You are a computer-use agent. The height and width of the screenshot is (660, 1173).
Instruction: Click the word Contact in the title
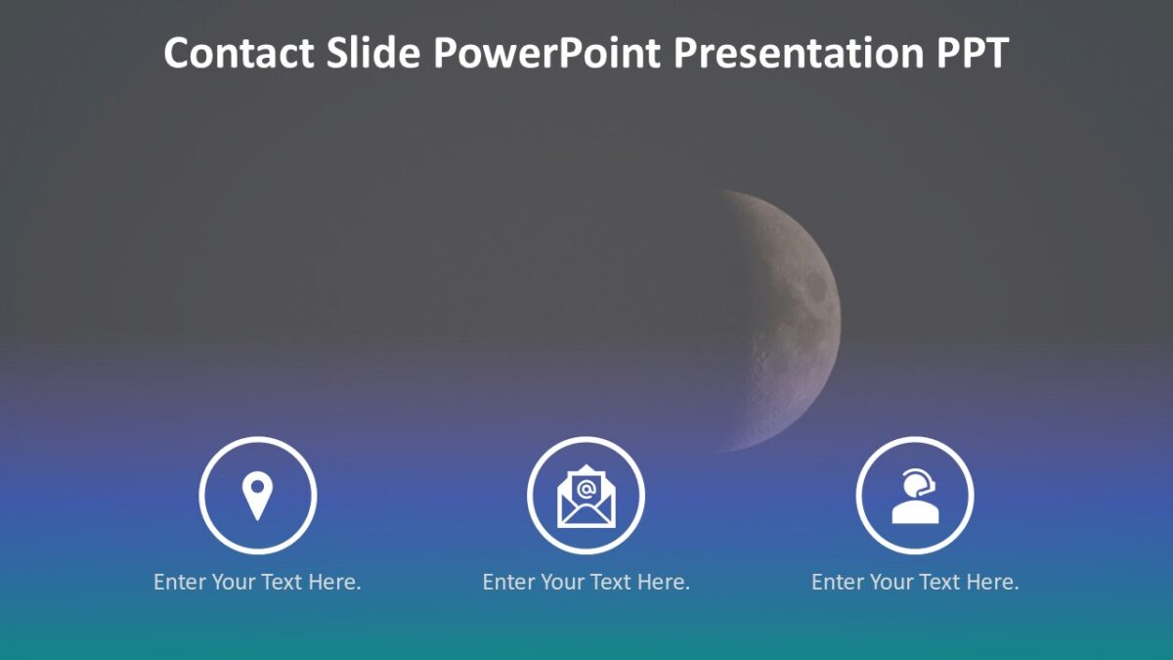coord(239,53)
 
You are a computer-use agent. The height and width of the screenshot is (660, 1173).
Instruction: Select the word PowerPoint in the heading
coord(546,53)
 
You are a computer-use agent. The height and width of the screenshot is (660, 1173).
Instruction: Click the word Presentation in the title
coord(799,53)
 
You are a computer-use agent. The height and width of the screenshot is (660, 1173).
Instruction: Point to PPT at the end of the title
coord(973,53)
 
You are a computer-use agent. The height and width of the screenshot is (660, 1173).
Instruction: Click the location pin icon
coord(257,496)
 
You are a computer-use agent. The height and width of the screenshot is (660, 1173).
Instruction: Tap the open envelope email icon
coord(586,496)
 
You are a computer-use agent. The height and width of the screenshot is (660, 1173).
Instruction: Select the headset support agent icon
coord(915,496)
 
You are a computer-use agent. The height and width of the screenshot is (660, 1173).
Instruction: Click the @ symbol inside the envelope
coord(586,489)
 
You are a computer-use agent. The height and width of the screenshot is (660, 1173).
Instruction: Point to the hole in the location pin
coord(257,487)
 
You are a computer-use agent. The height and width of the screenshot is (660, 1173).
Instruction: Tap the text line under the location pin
coord(257,582)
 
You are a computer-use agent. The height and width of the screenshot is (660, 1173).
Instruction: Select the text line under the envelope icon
coord(586,582)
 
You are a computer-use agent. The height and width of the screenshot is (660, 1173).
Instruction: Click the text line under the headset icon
coord(915,582)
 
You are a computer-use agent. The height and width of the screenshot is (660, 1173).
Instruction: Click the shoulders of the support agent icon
coord(915,512)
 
